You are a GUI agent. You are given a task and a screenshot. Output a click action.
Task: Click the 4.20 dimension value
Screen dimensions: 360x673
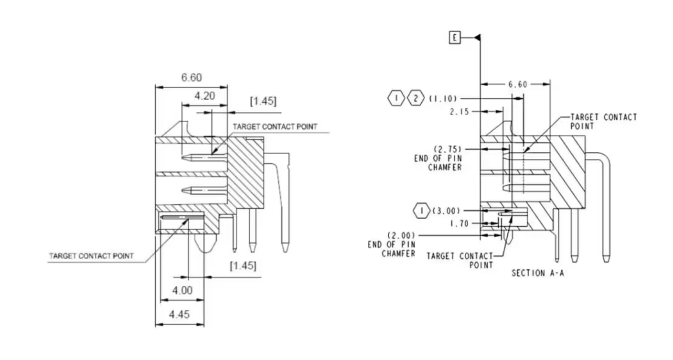point(204,96)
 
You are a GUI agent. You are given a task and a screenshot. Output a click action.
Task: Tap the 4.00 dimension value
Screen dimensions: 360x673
point(183,291)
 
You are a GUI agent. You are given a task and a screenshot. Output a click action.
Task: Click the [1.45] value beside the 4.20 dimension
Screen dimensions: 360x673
point(263,101)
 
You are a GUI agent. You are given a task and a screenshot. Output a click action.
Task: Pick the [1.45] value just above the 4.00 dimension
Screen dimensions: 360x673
point(243,266)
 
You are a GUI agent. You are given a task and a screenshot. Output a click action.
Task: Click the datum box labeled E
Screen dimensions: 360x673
point(455,37)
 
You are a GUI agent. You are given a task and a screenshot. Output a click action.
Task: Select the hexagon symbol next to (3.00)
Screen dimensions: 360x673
point(421,211)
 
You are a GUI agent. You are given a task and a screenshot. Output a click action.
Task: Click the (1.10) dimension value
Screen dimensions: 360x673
point(443,99)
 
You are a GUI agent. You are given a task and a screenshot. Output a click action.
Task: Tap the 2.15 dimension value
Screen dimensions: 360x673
point(459,112)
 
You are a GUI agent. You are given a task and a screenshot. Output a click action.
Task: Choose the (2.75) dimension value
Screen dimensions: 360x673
point(447,149)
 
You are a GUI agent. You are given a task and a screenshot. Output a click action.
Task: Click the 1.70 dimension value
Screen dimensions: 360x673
point(459,224)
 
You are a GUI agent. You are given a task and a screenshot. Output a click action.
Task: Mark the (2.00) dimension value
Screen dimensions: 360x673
point(401,235)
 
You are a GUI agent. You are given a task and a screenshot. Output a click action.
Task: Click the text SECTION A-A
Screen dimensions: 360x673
point(538,273)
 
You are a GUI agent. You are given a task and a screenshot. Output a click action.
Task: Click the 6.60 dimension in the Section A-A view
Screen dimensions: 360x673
point(518,84)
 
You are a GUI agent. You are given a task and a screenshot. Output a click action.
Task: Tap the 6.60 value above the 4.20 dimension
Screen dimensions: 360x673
point(192,78)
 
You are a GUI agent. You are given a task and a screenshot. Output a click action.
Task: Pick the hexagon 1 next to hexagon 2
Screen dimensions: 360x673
point(396,99)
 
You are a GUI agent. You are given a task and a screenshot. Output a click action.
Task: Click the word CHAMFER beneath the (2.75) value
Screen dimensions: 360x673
point(445,167)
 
